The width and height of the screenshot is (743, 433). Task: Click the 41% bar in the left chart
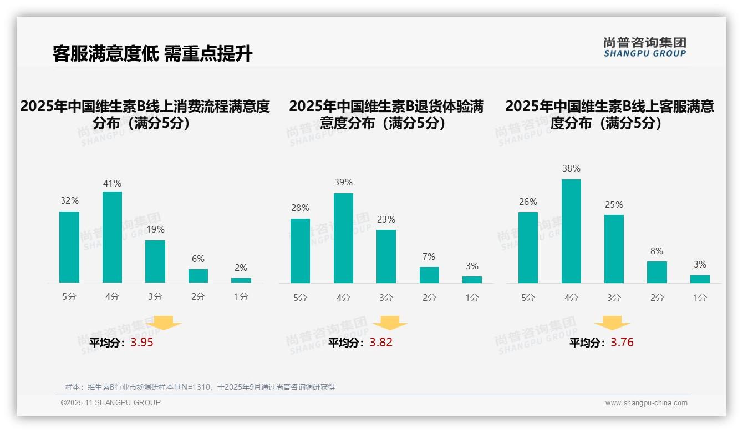112,237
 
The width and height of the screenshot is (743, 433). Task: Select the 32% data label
69,201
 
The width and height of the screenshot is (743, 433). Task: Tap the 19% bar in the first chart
155,261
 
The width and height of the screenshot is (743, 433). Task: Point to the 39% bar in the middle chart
343,238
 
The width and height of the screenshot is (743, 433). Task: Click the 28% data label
300,208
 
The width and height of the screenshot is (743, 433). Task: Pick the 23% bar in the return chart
386,256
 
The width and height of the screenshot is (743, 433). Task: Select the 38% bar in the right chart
571,231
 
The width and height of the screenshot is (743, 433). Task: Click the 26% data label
528,202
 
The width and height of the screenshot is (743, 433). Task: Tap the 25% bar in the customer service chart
614,249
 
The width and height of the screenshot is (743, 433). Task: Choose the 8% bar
657,273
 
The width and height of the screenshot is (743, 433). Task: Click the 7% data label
429,257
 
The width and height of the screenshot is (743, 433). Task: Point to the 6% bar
198,276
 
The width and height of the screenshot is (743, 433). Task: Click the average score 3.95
142,343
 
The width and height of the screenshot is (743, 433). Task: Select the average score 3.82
381,343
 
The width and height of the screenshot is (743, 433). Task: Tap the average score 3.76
622,343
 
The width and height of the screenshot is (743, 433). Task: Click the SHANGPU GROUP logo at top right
645,47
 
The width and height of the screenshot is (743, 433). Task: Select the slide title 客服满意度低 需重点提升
152,53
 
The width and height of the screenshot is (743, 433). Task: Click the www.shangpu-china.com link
646,403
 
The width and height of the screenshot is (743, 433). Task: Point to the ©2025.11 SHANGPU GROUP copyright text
111,402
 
